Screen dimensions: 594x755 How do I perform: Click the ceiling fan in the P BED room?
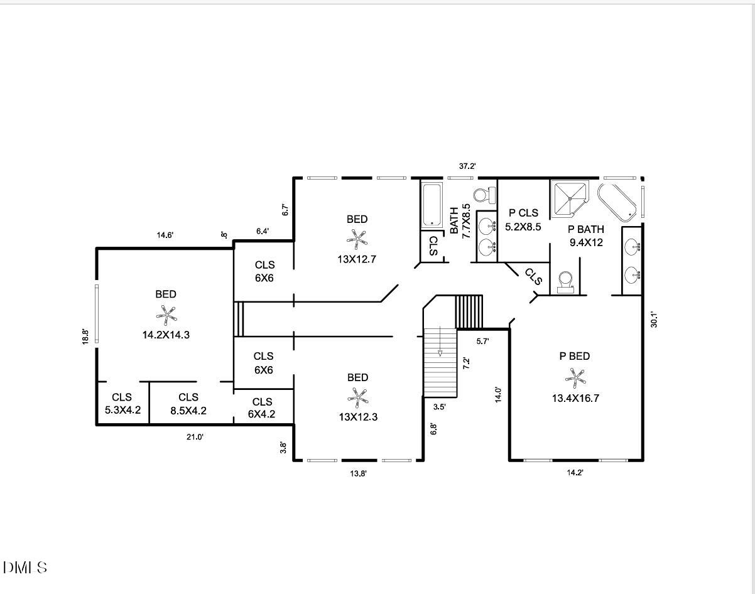[x=575, y=377]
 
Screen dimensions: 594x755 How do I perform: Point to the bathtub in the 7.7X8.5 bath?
[x=432, y=204]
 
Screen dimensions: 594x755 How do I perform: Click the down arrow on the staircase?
[x=440, y=352]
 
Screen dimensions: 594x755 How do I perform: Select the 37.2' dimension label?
[x=467, y=166]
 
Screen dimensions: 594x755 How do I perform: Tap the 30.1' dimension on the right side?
[x=653, y=319]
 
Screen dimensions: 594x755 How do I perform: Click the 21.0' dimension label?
[x=195, y=437]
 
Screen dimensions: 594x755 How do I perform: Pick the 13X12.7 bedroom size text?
[x=357, y=259]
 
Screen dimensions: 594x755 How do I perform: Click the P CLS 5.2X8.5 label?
[x=523, y=220]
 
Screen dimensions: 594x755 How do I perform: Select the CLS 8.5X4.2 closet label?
[x=188, y=404]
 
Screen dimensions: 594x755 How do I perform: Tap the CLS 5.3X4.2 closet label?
[x=122, y=404]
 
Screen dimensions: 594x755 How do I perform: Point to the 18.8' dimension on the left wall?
[x=85, y=338]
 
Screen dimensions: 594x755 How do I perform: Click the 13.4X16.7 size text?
[x=575, y=398]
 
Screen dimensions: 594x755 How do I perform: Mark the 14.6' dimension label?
[x=165, y=235]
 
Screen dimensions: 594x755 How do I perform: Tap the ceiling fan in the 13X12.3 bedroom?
[x=358, y=397]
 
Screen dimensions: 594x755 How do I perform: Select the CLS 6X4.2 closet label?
[x=262, y=408]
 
